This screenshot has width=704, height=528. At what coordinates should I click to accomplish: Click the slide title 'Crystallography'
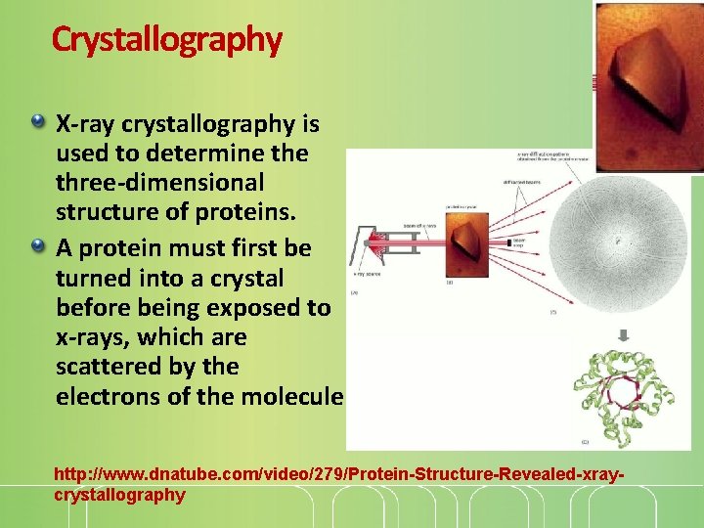pyautogui.click(x=166, y=39)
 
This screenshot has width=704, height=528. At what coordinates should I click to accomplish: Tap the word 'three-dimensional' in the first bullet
pyautogui.click(x=160, y=183)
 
